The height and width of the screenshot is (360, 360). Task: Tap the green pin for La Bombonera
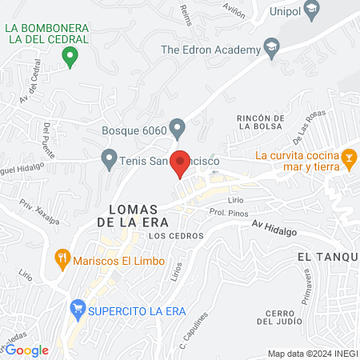point(70,57)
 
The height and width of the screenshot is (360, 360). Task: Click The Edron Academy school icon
point(273,49)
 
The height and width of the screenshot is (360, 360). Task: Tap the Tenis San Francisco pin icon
point(109,160)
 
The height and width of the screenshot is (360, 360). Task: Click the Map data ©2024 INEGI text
point(311,353)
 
